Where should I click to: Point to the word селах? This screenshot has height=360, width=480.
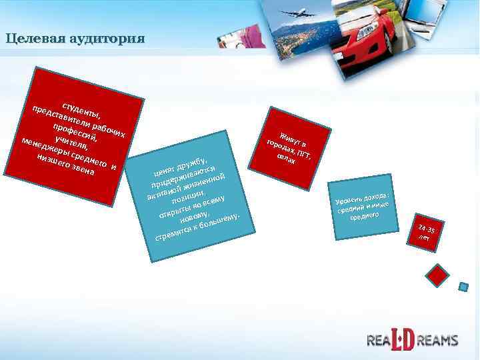[285, 160]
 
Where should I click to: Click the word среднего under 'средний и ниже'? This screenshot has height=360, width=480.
[364, 217]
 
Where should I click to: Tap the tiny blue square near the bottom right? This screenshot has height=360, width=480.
[462, 287]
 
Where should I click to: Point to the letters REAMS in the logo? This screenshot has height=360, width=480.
[440, 340]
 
